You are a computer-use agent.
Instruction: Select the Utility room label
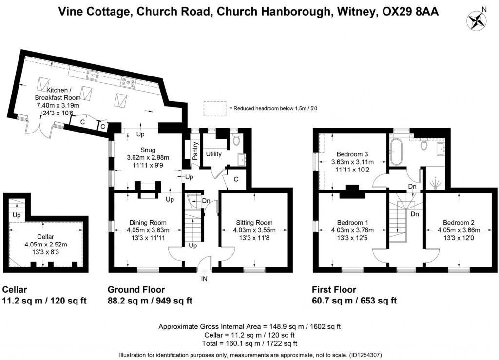pos(213,154)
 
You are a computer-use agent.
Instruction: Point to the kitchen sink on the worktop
pos(91,75)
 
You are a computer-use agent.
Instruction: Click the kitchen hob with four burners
pos(128,83)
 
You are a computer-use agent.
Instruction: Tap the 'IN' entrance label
pos(204,279)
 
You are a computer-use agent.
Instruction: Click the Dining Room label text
pos(148,223)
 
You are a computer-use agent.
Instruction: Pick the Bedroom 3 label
pos(345,154)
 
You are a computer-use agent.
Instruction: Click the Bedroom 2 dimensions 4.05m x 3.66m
pos(460,230)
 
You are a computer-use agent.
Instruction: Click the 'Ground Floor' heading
pos(136,289)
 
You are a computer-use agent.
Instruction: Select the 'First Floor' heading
pos(334,289)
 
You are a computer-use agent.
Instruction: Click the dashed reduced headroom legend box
pos(215,108)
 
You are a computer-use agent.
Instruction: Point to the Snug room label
pos(148,150)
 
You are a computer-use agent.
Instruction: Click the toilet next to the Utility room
pos(236,140)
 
